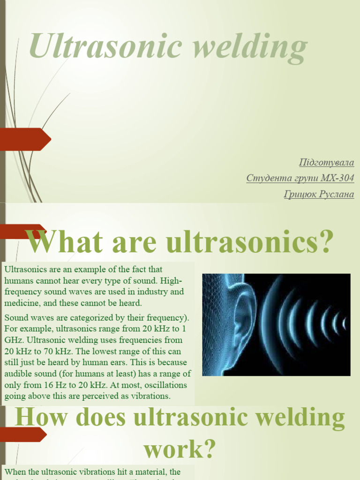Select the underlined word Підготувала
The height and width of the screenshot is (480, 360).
[326, 163]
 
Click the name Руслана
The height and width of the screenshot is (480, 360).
[337, 194]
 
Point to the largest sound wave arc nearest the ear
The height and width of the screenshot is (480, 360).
[270, 323]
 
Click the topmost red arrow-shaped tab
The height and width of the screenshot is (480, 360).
[26, 139]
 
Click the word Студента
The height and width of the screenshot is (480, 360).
[265, 178]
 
